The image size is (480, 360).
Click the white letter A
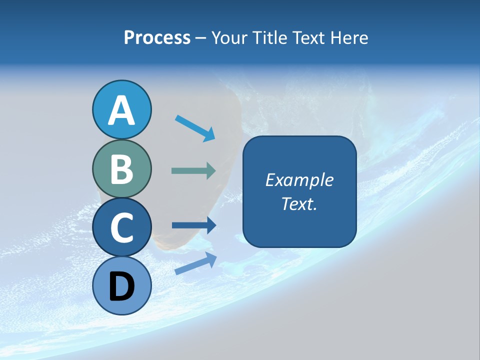[x=121, y=111]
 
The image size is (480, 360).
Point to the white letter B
[x=121, y=169]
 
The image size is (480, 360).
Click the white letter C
[x=121, y=228]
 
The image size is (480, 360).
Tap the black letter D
[x=121, y=286]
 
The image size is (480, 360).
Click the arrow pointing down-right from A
[x=195, y=128]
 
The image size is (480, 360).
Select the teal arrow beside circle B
[x=193, y=170]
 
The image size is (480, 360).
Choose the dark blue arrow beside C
[x=193, y=225]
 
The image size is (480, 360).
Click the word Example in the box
[x=299, y=180]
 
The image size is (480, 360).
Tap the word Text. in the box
[x=299, y=203]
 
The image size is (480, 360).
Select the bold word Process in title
[x=157, y=37]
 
